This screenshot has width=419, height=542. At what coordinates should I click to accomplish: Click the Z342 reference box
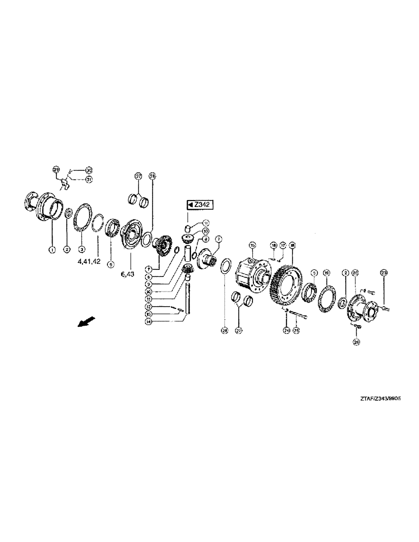[x=199, y=204]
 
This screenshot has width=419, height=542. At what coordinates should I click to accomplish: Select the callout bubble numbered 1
[x=52, y=249]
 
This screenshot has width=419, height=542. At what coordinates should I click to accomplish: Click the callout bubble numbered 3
[x=81, y=249]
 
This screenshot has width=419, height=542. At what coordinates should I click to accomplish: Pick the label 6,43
[x=128, y=275]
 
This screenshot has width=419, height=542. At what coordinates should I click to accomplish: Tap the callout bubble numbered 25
[x=296, y=329]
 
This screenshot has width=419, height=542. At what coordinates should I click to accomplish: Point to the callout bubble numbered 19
[x=326, y=272]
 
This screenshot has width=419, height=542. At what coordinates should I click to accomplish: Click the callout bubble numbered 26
[x=357, y=342]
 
